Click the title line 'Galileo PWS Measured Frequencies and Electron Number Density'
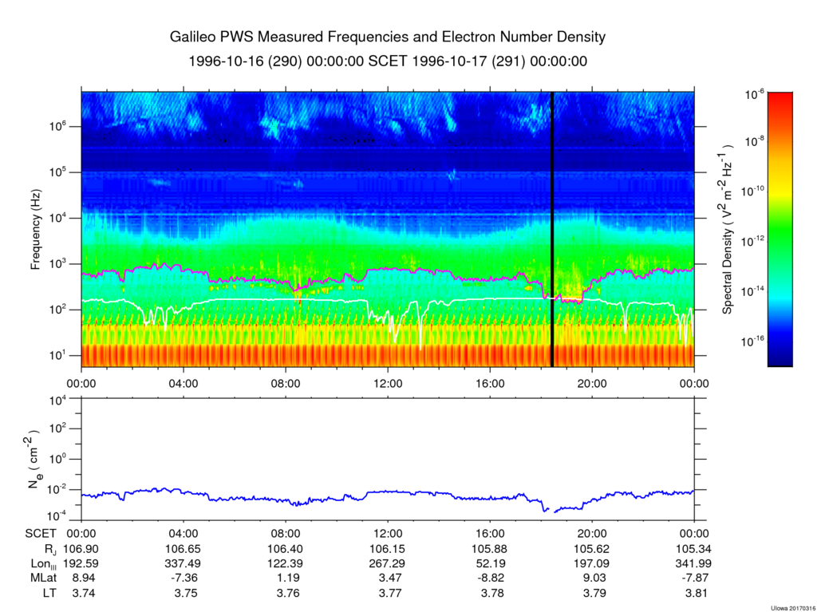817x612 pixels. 388,38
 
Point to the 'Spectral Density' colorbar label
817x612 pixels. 728,231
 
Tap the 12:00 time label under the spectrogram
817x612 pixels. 388,382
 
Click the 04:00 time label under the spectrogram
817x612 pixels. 184,382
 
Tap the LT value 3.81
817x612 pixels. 694,593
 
